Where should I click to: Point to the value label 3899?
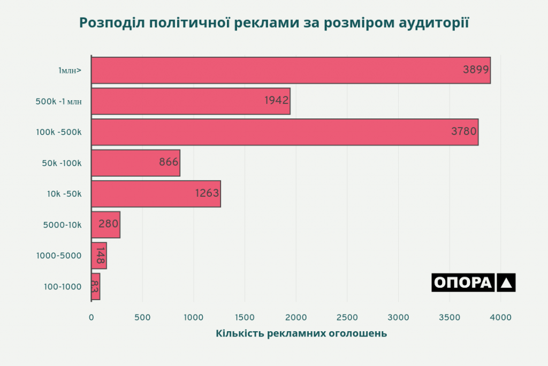pyautogui.click(x=476, y=70)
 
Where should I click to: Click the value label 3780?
pyautogui.click(x=463, y=132)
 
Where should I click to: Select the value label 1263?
pyautogui.click(x=207, y=193)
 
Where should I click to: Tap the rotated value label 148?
pyautogui.click(x=100, y=256)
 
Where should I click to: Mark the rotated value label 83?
pyautogui.click(x=95, y=287)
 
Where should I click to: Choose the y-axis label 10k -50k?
pyautogui.click(x=64, y=193)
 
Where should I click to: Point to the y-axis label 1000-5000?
pyautogui.click(x=59, y=256)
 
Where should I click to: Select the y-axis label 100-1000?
pyautogui.click(x=63, y=287)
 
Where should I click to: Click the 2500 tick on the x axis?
pyautogui.click(x=347, y=317)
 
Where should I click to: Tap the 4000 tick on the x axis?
pyautogui.click(x=500, y=317)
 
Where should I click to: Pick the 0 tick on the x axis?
pyautogui.click(x=91, y=317)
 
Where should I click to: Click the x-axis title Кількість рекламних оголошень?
pyautogui.click(x=301, y=334)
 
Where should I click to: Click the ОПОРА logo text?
pyautogui.click(x=462, y=282)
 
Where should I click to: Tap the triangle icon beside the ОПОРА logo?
pyautogui.click(x=506, y=282)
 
